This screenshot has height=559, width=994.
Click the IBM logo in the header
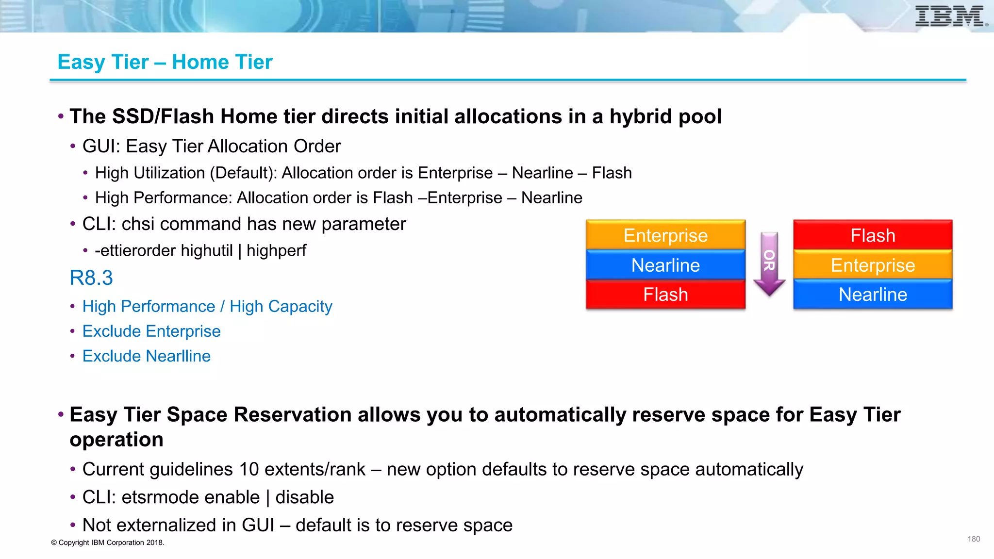[950, 16]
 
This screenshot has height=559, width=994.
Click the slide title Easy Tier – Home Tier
[165, 62]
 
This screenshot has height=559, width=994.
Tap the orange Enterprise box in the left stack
[665, 235]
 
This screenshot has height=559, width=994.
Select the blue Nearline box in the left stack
[665, 265]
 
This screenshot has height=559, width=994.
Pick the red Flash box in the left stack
[665, 295]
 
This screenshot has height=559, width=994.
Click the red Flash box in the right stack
[873, 235]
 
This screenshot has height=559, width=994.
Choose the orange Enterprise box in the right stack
[873, 265]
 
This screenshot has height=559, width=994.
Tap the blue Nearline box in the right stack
[873, 295]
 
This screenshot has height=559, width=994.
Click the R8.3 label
[91, 278]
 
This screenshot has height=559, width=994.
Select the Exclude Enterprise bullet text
[151, 331]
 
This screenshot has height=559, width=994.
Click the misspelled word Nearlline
[178, 356]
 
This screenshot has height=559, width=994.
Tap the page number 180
[974, 539]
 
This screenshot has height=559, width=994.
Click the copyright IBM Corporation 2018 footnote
[108, 543]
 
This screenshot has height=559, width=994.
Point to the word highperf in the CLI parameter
[276, 251]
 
